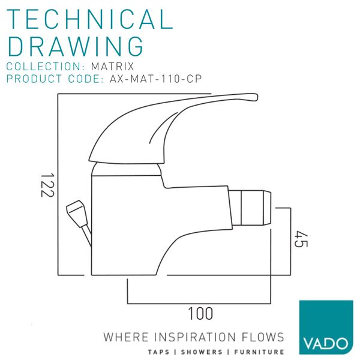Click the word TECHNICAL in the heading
click(x=90, y=19)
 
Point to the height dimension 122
click(x=48, y=185)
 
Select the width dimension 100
click(x=200, y=313)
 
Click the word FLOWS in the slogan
click(x=262, y=337)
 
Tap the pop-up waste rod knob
click(x=76, y=211)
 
